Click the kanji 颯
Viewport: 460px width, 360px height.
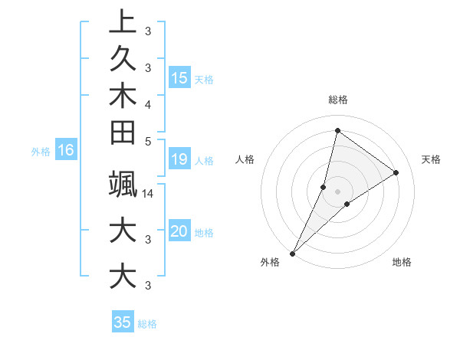123,183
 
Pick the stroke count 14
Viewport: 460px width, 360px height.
148,193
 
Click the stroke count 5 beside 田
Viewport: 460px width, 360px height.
148,141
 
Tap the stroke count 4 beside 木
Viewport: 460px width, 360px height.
148,103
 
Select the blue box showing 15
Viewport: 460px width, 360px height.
179,77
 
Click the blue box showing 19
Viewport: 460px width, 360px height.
179,159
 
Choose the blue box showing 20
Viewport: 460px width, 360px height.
179,231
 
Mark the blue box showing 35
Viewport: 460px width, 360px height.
123,322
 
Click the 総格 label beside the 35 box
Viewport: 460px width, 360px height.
147,324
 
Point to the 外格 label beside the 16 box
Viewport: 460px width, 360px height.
41,152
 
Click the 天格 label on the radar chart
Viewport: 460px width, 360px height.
431,159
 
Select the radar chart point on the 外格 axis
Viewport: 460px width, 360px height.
292,253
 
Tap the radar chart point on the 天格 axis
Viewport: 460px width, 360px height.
396,173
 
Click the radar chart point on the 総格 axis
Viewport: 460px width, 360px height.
337,130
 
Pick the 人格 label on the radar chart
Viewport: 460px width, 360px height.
245,159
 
